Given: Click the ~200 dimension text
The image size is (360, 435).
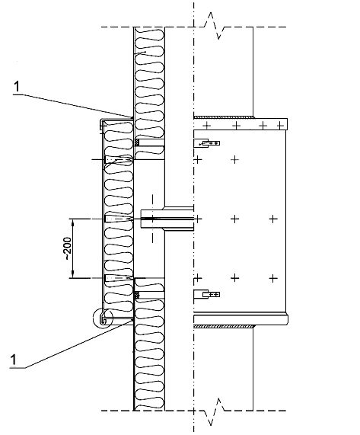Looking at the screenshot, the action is point(68,248).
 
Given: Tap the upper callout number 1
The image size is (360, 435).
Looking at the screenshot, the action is point(18,87).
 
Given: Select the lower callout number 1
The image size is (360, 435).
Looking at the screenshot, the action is point(13,360).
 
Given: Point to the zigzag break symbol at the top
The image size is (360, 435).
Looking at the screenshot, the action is point(213,26).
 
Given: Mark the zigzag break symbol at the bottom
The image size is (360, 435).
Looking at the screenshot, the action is point(214,411).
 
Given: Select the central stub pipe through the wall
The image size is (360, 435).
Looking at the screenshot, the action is point(167,219).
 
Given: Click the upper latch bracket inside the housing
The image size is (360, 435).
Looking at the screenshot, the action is point(206,143).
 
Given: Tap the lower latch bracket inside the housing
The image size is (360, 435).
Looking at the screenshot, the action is point(206,294).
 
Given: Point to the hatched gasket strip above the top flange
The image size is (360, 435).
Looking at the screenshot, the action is point(224,117).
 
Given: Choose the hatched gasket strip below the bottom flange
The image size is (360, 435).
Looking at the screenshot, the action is point(224,327).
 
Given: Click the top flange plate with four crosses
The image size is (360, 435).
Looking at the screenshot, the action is point(241,124).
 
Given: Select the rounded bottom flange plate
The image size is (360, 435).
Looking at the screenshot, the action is point(241,319).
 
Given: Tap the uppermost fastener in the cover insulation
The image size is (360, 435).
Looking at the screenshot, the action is point(119,159).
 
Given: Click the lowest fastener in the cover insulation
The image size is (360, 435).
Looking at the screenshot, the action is point(119,278).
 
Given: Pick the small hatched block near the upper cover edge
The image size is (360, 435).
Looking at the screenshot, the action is point(136,142).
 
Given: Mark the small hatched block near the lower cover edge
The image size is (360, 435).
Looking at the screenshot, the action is point(136,295).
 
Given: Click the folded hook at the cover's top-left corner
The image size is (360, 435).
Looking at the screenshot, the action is point(101,124).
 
